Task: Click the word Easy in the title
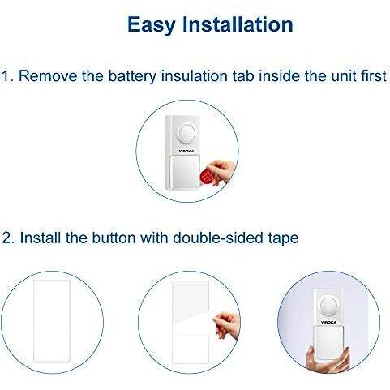152,25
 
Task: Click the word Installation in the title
238,24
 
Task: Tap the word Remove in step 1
48,75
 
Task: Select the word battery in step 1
132,76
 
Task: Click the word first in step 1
374,75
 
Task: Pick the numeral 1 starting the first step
6,75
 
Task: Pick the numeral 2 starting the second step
7,238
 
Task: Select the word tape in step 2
284,239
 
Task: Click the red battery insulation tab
207,176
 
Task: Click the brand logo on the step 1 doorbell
186,152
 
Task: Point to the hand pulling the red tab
221,172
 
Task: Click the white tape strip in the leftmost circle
52,321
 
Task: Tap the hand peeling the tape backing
226,325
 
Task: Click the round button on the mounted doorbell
329,306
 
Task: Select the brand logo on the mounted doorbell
328,323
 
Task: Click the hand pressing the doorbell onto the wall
328,359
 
